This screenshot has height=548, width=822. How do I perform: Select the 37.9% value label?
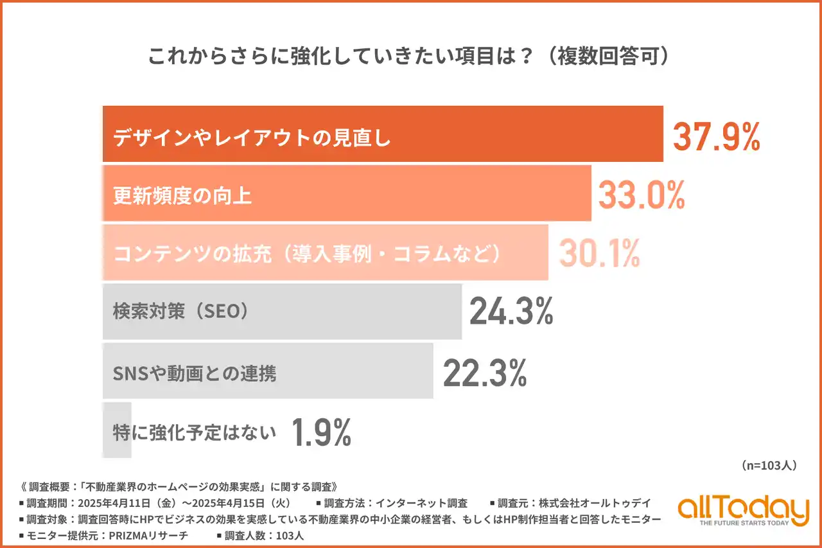716,137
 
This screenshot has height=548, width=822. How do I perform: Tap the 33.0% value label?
642,195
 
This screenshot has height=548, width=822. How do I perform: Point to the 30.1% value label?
599,254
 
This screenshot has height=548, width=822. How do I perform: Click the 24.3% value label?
511,312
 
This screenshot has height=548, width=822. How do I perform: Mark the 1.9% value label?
322,432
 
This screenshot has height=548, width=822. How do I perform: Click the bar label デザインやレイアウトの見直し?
252,138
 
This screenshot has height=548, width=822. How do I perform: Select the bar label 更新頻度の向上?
182,195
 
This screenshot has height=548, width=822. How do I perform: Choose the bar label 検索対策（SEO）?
180,312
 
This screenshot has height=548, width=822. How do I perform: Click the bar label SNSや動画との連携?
195,373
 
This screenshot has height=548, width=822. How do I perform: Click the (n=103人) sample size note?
768,466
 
